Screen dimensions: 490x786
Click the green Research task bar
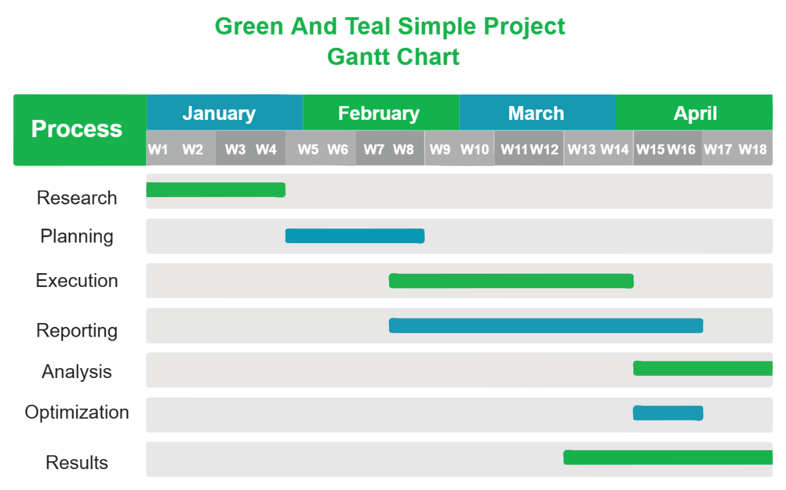(x=215, y=190)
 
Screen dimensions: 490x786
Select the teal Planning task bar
(x=354, y=236)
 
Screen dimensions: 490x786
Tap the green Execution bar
(x=511, y=281)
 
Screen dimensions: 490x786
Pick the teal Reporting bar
(x=546, y=326)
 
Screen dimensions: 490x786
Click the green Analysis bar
(x=702, y=368)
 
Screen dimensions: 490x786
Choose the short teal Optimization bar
(x=667, y=413)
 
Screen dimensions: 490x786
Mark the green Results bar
(x=667, y=457)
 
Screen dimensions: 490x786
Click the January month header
(x=219, y=113)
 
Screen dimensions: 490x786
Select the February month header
(x=379, y=113)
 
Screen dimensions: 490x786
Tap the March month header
(x=536, y=113)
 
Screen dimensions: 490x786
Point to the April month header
(x=695, y=113)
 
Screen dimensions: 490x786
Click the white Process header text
(x=77, y=129)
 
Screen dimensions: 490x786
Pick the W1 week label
(x=158, y=149)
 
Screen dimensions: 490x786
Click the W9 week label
(x=440, y=149)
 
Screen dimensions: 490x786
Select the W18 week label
(x=753, y=149)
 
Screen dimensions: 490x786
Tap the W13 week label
(x=581, y=149)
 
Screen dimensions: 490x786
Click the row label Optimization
(x=77, y=413)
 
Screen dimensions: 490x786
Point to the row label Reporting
(x=77, y=331)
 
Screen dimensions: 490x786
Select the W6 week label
(x=338, y=149)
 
